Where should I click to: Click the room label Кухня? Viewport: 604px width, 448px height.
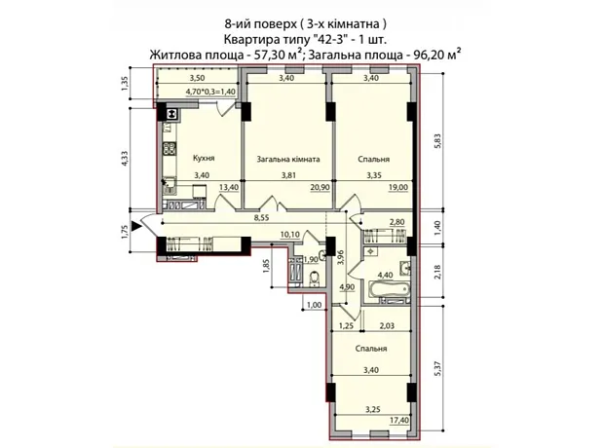point(204,158)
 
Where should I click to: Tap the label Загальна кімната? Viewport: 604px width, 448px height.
point(288,159)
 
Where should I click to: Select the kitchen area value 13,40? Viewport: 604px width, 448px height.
point(229,187)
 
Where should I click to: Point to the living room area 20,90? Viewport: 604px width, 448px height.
point(321,187)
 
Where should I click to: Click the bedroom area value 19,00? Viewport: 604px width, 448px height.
point(398,187)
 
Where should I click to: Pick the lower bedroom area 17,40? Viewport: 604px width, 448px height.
point(399,421)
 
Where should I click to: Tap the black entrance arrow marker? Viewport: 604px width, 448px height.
point(136,226)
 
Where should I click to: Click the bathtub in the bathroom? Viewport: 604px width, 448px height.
point(389,288)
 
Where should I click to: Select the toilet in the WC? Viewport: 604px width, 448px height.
point(315,279)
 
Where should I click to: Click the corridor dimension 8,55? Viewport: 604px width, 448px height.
point(262,217)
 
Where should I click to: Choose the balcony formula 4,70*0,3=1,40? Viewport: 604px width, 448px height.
point(210,92)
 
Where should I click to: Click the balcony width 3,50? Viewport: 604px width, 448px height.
point(197,78)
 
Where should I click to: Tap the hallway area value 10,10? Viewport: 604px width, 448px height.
point(290,234)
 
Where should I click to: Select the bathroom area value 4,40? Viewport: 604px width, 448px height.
point(385,275)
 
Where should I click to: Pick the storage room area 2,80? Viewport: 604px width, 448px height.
point(397,221)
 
